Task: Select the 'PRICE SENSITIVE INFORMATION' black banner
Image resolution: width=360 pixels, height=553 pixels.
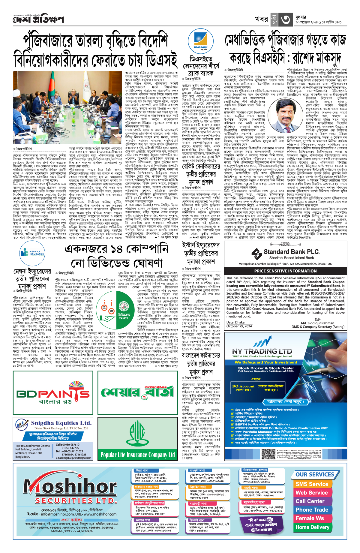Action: click(x=285, y=271)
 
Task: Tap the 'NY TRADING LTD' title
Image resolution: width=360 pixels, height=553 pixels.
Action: click(x=262, y=351)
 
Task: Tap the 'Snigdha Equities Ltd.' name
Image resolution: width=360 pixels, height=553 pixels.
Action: click(x=61, y=423)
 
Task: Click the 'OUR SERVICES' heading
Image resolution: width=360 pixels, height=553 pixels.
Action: click(x=315, y=474)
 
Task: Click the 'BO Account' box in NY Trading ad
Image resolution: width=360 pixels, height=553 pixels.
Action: click(x=243, y=388)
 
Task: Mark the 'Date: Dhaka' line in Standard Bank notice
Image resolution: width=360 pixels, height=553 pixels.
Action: click(x=235, y=322)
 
